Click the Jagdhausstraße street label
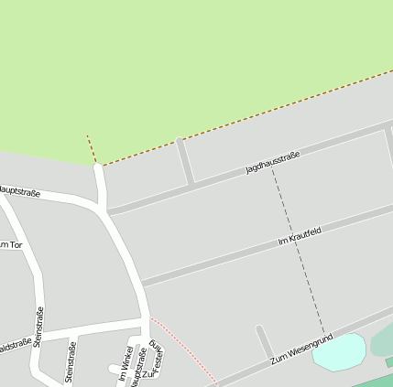[272, 163]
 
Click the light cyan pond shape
[338, 351]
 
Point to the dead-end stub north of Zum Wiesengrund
[265, 342]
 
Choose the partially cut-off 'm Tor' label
[10, 245]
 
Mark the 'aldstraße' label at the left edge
[15, 346]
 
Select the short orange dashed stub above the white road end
[92, 149]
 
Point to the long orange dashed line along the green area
[247, 118]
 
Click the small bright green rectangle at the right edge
[389, 362]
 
